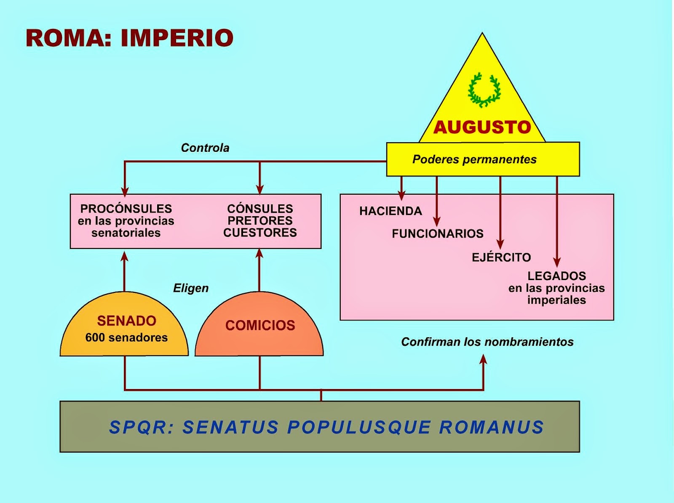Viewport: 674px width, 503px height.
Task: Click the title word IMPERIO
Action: pos(177,38)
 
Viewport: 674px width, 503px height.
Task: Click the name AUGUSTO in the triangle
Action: pos(482,127)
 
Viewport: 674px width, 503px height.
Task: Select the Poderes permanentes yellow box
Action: pos(483,159)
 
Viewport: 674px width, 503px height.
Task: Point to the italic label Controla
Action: pos(205,148)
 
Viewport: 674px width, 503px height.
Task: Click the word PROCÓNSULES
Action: pos(126,209)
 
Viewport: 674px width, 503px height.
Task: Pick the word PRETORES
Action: pos(260,220)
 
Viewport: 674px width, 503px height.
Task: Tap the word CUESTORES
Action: pos(260,233)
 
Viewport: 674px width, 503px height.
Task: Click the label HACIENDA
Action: pos(390,211)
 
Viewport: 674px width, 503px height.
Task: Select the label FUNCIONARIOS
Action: pos(438,234)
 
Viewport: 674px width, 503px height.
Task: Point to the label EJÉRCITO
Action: pos(501,257)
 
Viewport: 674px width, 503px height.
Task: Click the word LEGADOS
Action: pos(556,276)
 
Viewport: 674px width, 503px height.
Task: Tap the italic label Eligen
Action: pos(191,288)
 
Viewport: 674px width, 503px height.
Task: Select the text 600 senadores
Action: pos(126,337)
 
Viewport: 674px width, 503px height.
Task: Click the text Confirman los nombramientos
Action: pos(487,342)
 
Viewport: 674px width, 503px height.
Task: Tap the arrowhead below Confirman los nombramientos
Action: pos(483,359)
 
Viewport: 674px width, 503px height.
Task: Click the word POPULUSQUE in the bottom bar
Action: pos(359,427)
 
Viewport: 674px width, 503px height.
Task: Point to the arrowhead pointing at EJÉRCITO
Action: pos(500,244)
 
